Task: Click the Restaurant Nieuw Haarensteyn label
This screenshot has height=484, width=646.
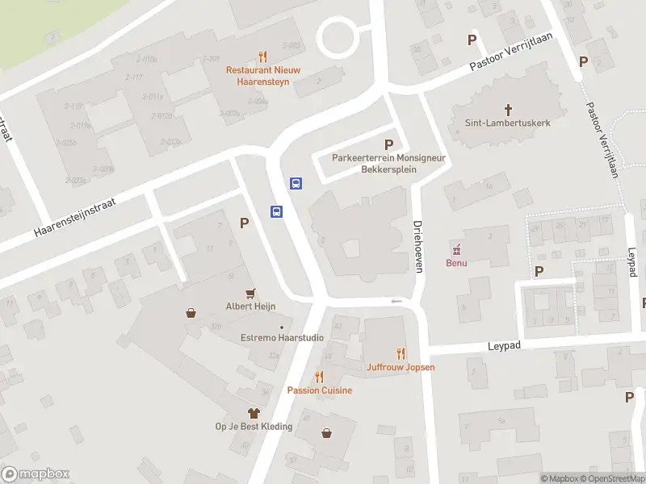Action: point(262,76)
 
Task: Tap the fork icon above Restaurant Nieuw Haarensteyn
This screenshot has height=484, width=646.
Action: point(262,57)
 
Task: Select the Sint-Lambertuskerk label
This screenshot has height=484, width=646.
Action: point(508,123)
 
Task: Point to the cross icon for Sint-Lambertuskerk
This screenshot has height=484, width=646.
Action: point(509,109)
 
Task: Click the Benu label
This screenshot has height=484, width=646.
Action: point(457,263)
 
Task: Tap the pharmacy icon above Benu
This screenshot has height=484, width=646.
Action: point(457,248)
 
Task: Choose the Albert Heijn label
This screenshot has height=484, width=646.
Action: point(250,307)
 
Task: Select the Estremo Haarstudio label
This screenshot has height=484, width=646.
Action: point(283,338)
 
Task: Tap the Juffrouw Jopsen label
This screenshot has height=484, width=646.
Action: point(401,367)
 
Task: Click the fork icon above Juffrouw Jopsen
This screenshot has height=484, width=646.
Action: point(401,353)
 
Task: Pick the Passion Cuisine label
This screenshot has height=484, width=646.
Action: point(320,390)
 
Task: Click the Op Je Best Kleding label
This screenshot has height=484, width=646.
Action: point(254,426)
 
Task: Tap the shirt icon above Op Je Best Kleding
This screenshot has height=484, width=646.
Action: point(254,412)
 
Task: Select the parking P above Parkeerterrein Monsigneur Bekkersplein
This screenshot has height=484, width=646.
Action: point(389,144)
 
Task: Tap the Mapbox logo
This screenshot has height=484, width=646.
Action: point(35,474)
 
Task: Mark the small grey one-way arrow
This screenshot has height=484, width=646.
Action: point(396,302)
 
